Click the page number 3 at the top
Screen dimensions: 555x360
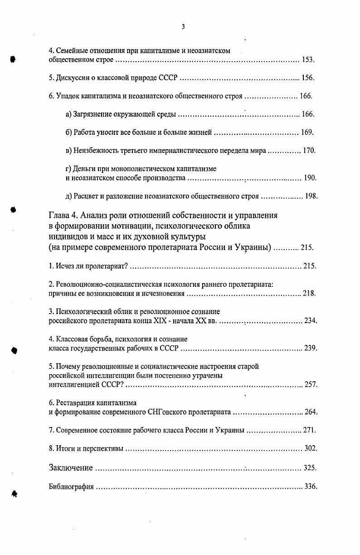pos(183,27)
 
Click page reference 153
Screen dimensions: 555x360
pos(308,60)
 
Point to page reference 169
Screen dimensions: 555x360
pos(307,133)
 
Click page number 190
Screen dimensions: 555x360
pos(310,178)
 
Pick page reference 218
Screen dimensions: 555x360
pos(309,294)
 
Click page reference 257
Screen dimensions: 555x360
pos(311,385)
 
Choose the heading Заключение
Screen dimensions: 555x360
pos(71,468)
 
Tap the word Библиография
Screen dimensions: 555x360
pos(71,487)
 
